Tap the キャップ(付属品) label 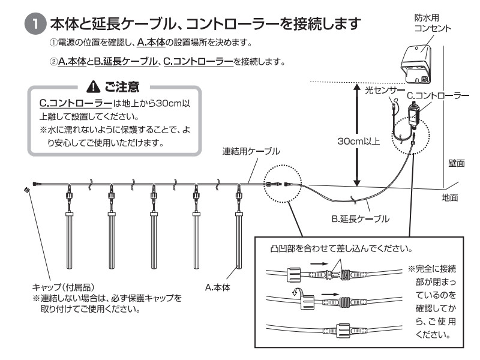61,287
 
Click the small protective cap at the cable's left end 26,190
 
